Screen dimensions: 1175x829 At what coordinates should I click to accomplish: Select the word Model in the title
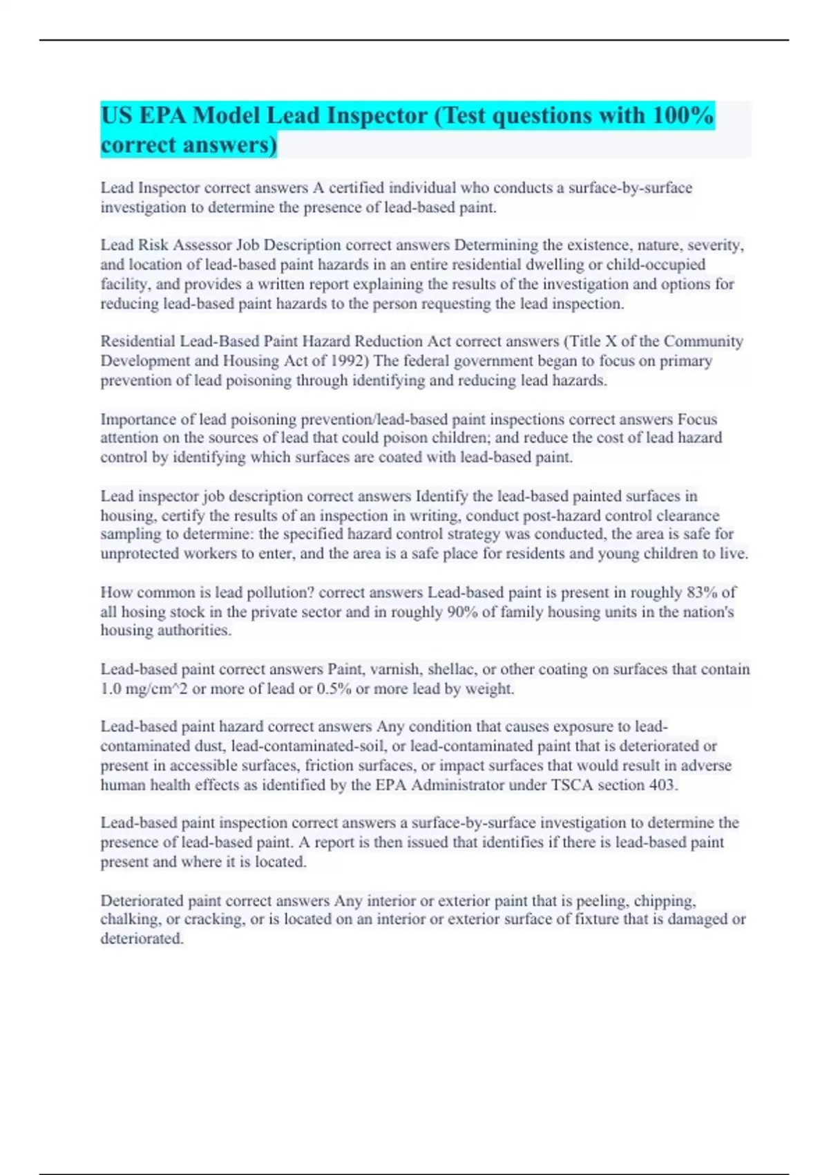click(226, 115)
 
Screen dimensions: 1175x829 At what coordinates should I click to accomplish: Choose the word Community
click(703, 341)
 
